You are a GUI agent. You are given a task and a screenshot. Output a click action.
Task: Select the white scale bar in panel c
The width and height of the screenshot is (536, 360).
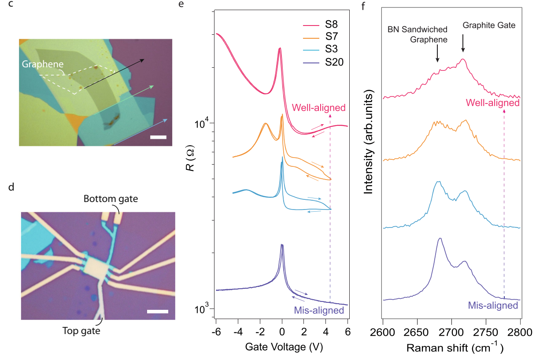coord(158,137)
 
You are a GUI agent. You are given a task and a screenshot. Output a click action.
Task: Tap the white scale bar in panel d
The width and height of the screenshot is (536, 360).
coord(157,312)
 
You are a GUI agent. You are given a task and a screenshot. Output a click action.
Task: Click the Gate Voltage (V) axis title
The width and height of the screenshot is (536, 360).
coord(282,347)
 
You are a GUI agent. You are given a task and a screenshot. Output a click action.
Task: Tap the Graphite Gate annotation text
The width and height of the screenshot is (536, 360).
coord(488,26)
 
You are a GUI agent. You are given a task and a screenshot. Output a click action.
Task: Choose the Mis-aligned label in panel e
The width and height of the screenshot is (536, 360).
coord(318,310)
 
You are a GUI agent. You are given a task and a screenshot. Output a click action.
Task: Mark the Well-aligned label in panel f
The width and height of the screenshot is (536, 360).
coord(492,103)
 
